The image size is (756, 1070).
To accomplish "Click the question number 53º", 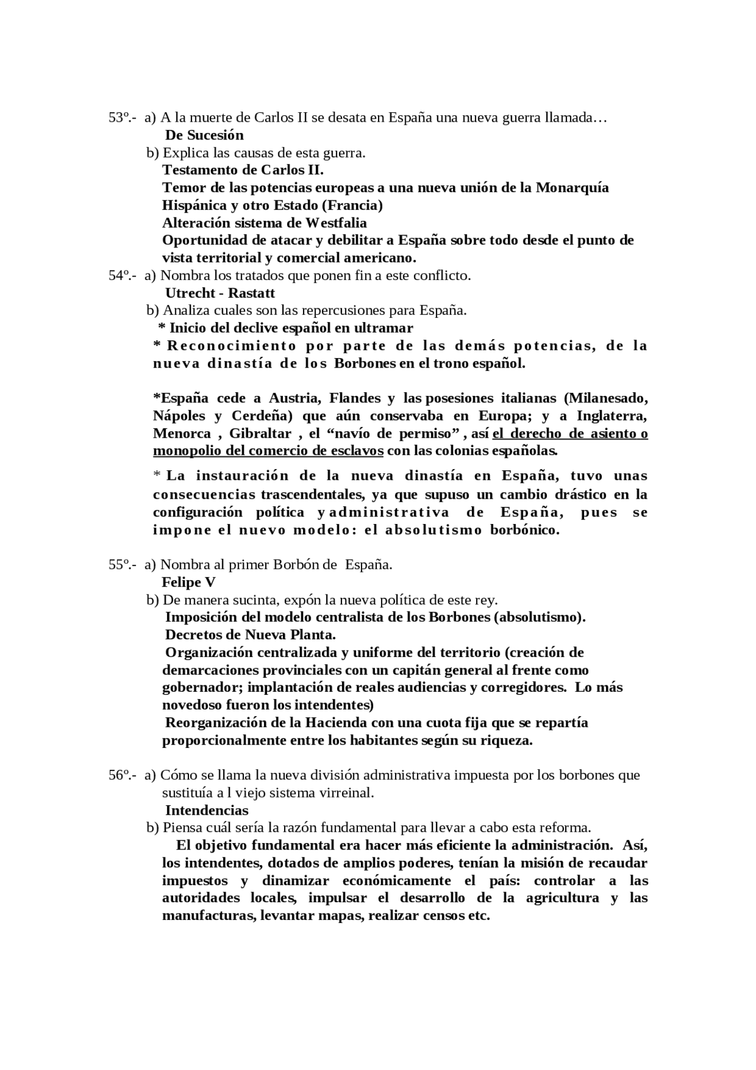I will pos(120,118).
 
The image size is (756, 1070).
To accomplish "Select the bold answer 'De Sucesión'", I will pos(204,135).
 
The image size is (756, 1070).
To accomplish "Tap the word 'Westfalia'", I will pos(336,223).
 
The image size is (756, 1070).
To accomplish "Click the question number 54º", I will pos(120,275).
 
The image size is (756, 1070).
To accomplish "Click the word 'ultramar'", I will pos(386,328).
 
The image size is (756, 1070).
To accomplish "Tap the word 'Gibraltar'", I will pos(260,434).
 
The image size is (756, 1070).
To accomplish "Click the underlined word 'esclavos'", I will pos(357,451).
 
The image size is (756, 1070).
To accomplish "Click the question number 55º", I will pos(120,565).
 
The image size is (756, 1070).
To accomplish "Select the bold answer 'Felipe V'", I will pos(188,583).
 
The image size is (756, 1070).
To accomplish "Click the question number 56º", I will pos(120,775).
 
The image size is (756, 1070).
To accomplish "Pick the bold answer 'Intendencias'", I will pos(207,810).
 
